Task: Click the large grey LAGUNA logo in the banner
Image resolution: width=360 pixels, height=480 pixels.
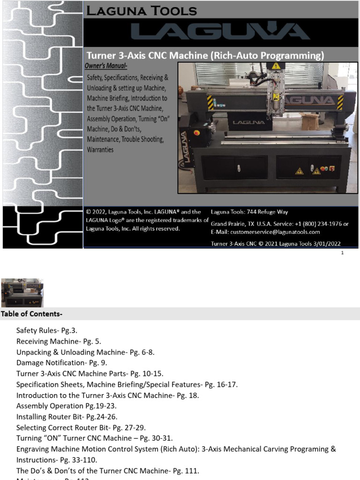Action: [x=220, y=31]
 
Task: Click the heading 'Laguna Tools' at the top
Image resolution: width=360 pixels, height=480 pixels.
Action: [x=140, y=10]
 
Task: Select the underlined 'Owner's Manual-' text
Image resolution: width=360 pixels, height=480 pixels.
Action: [x=106, y=66]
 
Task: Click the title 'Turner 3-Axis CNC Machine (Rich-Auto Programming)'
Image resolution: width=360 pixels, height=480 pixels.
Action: [x=205, y=55]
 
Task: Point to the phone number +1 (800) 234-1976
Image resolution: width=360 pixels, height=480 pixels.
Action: [x=319, y=224]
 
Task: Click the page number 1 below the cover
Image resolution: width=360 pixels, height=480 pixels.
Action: [x=343, y=253]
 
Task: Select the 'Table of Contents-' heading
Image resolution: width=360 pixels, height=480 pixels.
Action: [x=32, y=314]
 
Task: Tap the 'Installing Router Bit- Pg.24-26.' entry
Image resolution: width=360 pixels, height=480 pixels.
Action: [x=67, y=417]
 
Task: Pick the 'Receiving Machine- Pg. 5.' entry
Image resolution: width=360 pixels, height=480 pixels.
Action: [x=59, y=341]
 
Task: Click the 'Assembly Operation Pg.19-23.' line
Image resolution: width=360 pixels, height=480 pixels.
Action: [x=66, y=406]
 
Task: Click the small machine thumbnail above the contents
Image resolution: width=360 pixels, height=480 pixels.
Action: [x=22, y=292]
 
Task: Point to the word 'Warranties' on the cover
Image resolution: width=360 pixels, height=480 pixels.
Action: [x=100, y=150]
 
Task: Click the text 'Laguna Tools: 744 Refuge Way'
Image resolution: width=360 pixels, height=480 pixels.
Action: [x=249, y=212]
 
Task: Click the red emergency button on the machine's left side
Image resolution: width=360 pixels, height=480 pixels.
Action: [x=197, y=133]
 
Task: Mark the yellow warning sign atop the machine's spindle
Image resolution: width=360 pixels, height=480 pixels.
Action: [x=277, y=66]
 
